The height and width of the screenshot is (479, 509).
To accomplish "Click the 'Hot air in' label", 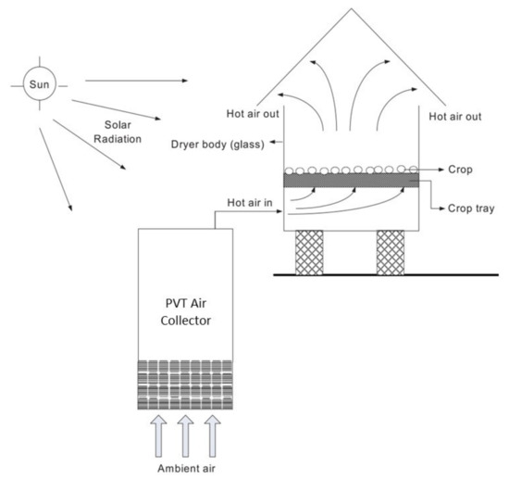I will (x=250, y=201).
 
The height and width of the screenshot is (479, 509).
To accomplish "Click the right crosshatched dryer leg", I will (x=394, y=251).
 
